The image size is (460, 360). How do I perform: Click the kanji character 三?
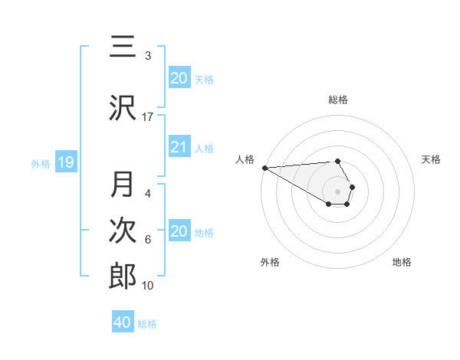click(123, 47)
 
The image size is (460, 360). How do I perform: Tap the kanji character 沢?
click(123, 107)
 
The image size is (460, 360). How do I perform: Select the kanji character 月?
click(123, 185)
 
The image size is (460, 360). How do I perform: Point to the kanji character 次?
click(123, 230)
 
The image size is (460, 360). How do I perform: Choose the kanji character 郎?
click(123, 275)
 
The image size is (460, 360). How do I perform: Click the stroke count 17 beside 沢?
click(148, 117)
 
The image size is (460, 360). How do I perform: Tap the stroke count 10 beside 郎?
click(148, 286)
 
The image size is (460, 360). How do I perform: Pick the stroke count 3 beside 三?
click(148, 56)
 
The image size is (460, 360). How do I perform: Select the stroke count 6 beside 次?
click(148, 240)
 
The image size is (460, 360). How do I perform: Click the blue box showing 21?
click(179, 147)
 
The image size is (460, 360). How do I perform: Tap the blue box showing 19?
click(65, 162)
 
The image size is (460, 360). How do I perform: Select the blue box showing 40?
click(123, 322)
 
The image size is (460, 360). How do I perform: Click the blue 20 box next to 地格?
click(179, 231)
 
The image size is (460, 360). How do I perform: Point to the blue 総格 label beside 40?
click(147, 324)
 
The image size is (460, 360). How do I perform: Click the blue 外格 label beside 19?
click(41, 163)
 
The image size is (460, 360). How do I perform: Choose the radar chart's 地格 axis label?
click(402, 262)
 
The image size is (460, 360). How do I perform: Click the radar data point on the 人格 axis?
click(264, 168)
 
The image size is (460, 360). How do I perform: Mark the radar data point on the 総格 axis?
click(337, 161)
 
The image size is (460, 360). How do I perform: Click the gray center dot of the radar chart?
click(338, 191)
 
